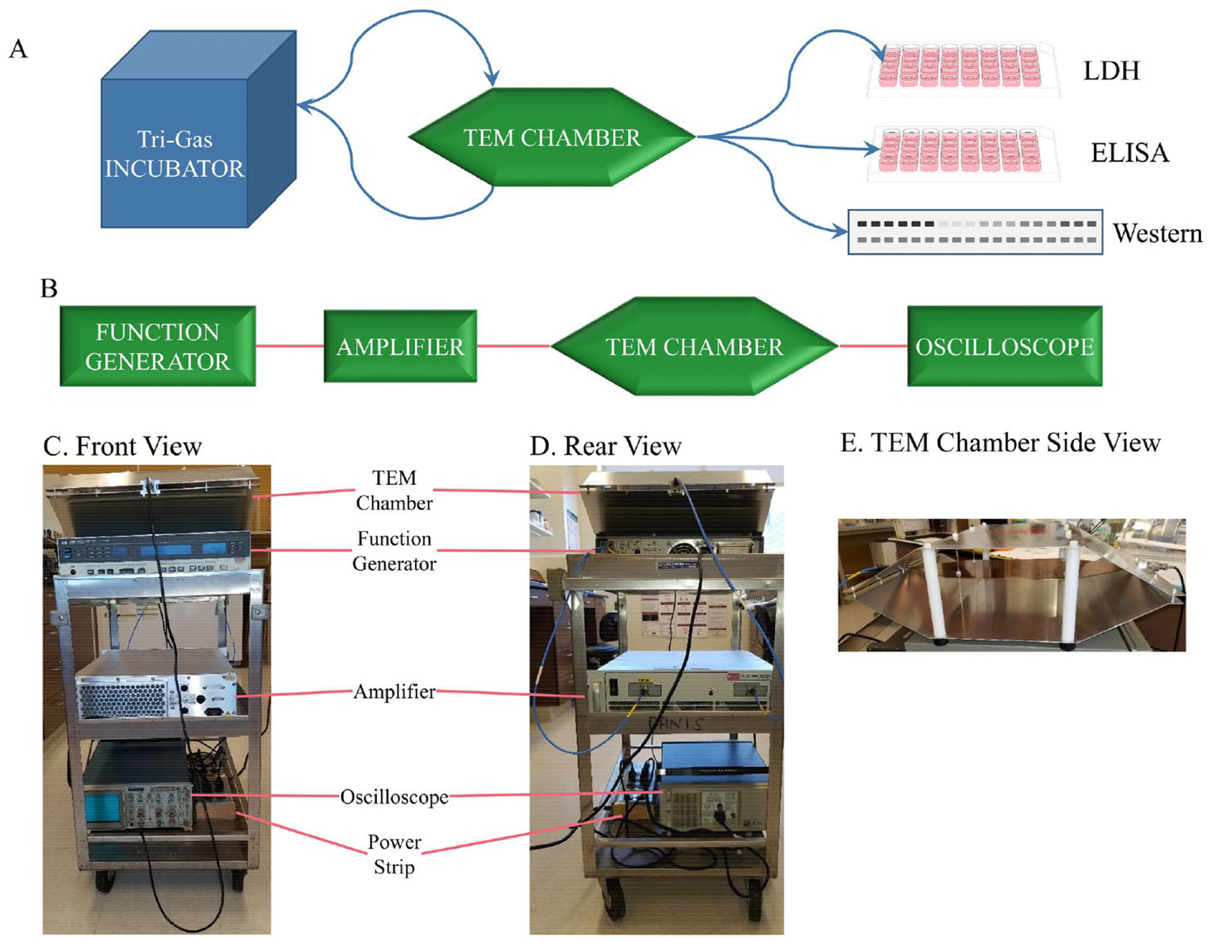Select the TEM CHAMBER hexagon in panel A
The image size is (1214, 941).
point(552,138)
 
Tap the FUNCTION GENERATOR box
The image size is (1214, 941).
point(158,346)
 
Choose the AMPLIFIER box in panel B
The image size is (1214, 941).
point(400,347)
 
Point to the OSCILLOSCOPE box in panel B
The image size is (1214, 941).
point(1004,346)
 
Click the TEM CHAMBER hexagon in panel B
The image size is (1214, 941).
point(694,347)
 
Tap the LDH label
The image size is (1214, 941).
point(1111,71)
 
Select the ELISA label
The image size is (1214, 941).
point(1130,153)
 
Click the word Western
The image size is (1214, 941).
point(1157,233)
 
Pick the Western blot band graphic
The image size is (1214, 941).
point(975,232)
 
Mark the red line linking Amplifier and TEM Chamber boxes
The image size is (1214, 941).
point(514,346)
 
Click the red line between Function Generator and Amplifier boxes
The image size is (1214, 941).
point(289,346)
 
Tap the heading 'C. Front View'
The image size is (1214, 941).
point(122,447)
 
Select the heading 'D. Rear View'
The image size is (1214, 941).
point(605,447)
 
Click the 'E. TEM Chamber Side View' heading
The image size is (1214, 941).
point(1000,443)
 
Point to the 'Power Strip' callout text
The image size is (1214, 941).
point(394,854)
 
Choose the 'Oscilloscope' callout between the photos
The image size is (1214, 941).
point(394,797)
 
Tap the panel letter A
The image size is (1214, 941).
point(18,49)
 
